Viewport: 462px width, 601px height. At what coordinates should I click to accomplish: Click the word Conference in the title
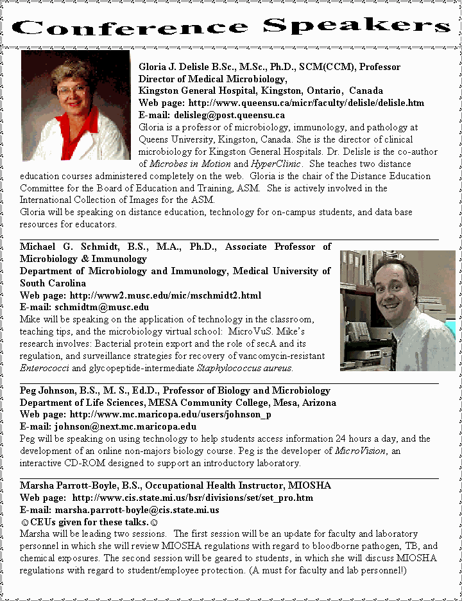[128, 26]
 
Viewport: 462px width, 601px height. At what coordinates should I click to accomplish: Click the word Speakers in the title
[357, 25]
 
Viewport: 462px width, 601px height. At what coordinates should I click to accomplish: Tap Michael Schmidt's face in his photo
[394, 295]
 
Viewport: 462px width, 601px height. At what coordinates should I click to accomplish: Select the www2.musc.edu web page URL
[166, 295]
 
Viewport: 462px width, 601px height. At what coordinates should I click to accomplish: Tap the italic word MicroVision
[360, 451]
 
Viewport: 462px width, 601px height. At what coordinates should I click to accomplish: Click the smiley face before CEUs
[24, 522]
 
